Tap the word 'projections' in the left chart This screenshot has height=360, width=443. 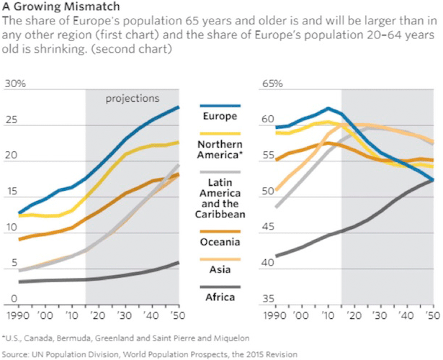coord(132,99)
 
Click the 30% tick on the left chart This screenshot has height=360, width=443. coord(14,84)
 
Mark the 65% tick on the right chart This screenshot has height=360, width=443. coord(273,84)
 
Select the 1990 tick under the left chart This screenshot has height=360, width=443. coord(17,316)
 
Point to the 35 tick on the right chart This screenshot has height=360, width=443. coord(268,300)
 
